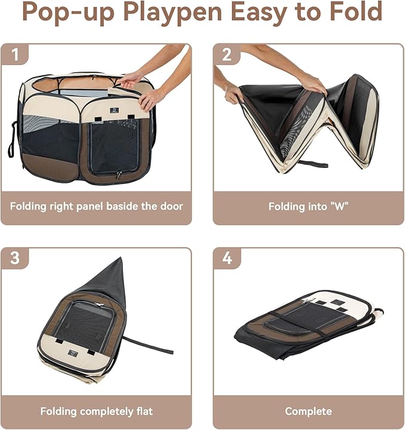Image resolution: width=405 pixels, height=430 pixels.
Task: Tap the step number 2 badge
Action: pos(227,55)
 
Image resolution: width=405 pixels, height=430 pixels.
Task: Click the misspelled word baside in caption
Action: pos(120,207)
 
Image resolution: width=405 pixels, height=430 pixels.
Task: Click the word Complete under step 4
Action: pos(308,411)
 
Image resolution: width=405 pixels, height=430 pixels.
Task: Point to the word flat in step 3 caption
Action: pos(142,411)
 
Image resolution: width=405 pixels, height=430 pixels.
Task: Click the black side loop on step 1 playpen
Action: pos(11,140)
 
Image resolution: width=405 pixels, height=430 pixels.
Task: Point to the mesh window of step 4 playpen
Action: pos(304,317)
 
